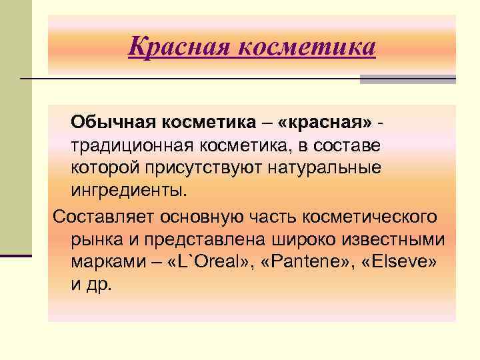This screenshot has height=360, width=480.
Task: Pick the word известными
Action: coord(391,239)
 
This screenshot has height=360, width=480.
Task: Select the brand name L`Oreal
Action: coord(203,263)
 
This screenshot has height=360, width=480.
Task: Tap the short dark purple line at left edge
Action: coord(16,255)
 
